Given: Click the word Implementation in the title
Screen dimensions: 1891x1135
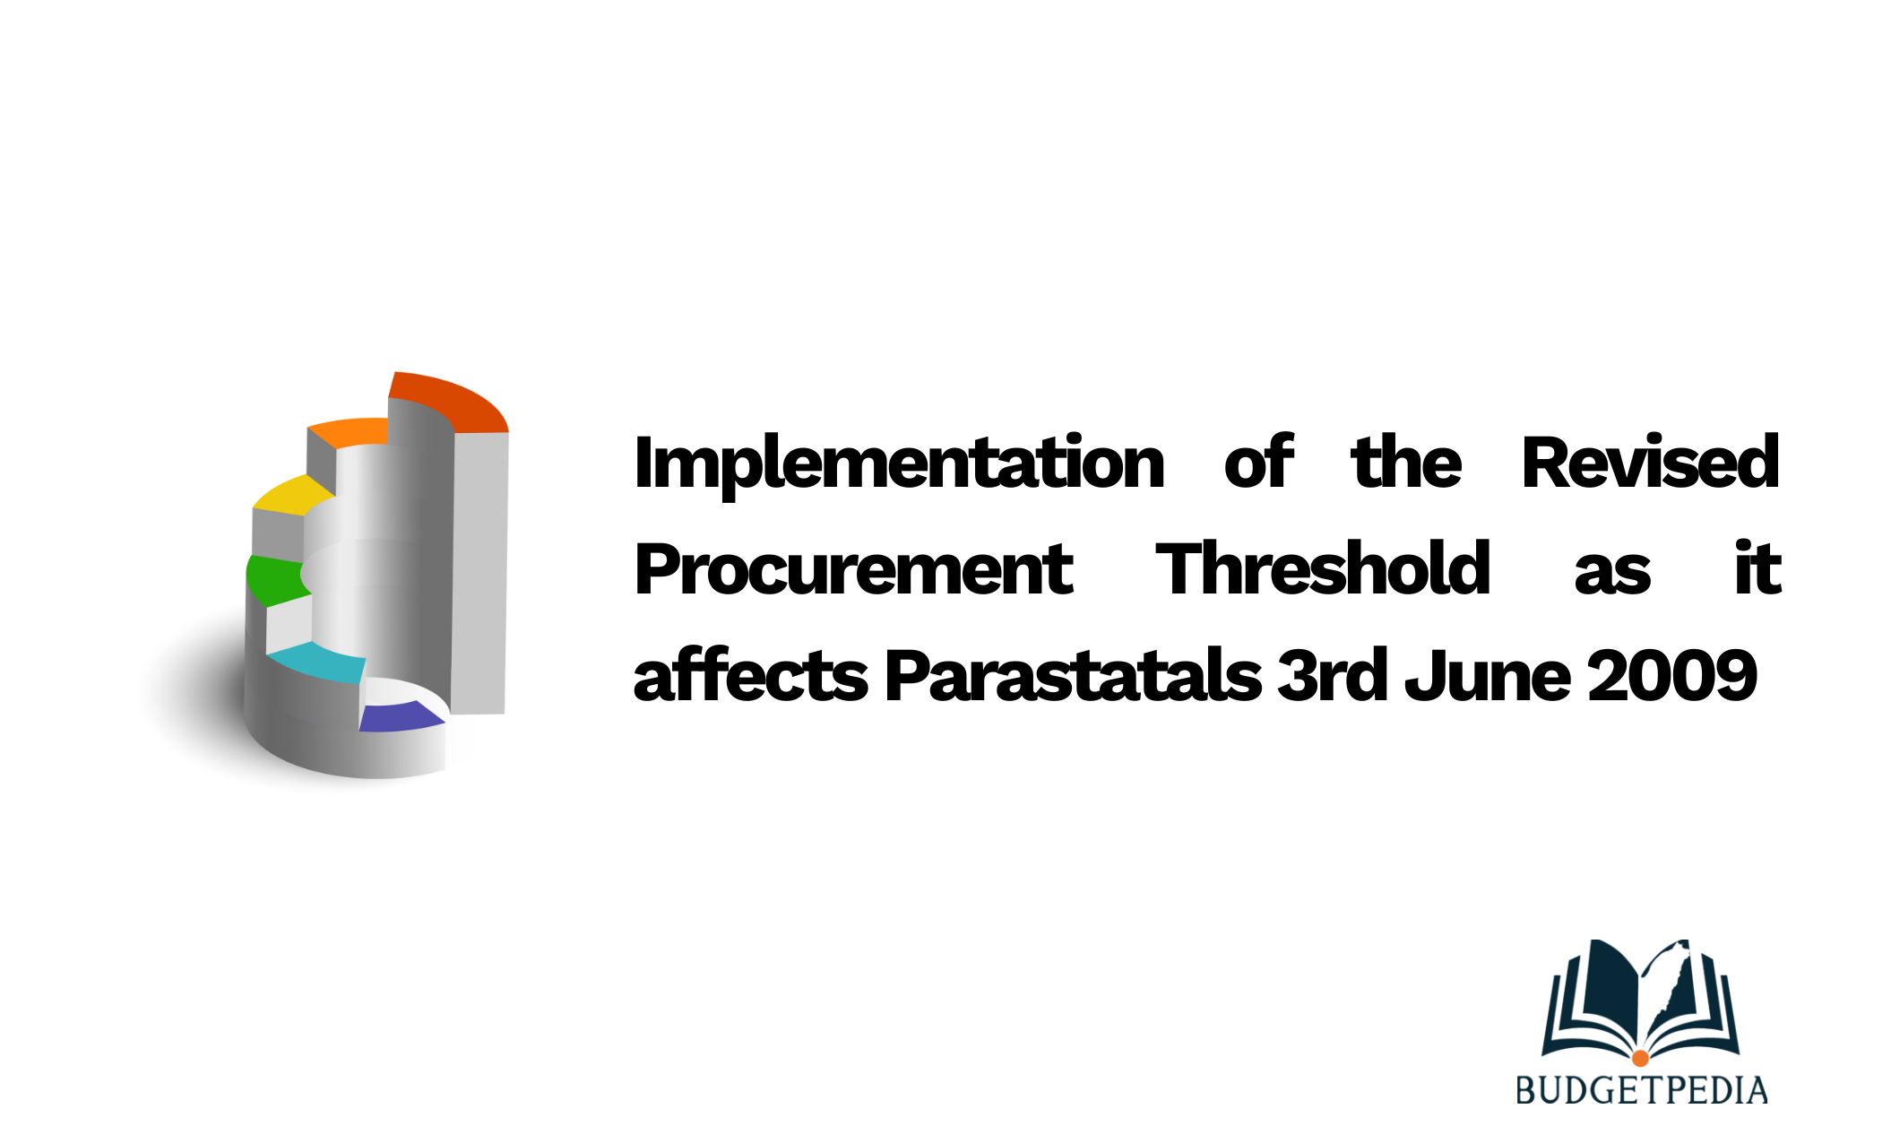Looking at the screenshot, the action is [899, 464].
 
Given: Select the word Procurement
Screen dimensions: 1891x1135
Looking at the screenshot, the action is [853, 569].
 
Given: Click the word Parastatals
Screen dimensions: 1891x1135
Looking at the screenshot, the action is [1074, 674].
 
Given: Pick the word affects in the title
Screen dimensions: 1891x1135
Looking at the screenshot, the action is [751, 674].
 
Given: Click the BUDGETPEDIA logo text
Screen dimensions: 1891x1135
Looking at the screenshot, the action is [1641, 1090].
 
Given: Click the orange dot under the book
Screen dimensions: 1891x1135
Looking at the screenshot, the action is [1640, 1059].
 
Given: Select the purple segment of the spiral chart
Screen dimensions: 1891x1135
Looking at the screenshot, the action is [400, 717].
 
